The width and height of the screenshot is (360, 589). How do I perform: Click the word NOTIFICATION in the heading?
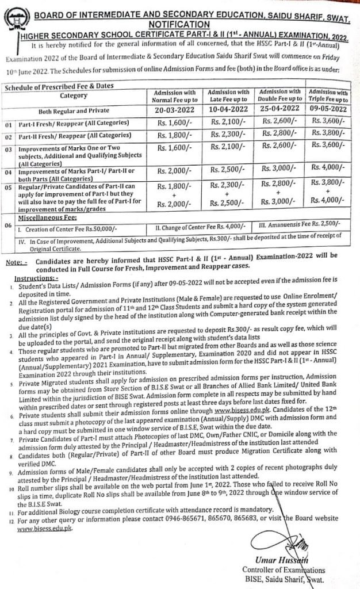[179, 24]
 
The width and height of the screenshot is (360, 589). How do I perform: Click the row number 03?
[8, 151]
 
